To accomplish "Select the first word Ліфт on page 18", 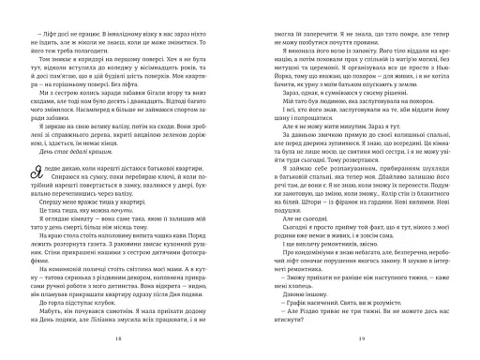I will [46, 33].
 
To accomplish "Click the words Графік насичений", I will [304, 307].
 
